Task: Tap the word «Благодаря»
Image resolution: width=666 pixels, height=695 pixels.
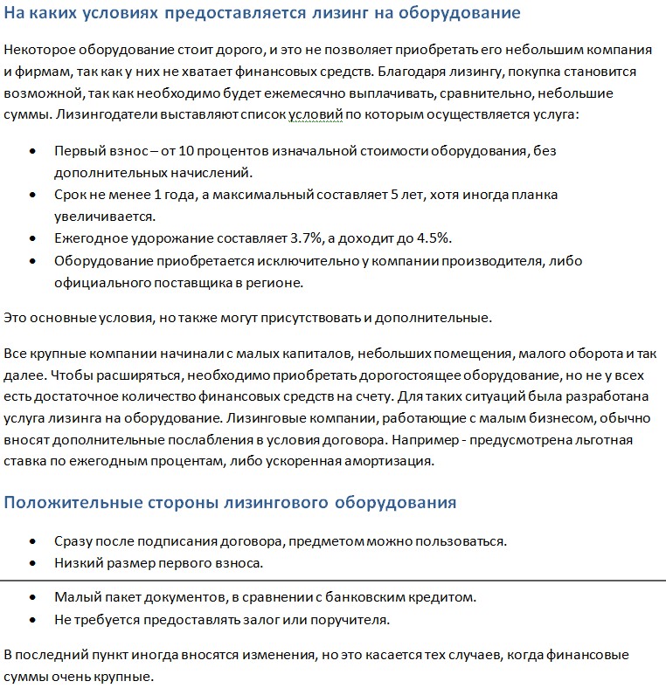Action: (x=460, y=71)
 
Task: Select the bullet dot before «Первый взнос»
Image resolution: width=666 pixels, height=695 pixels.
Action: (x=32, y=150)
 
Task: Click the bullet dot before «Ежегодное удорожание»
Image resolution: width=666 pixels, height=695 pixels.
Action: (x=32, y=238)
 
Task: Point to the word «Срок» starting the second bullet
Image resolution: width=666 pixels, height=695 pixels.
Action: (x=71, y=195)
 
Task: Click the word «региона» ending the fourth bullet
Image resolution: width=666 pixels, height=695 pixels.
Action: (x=277, y=282)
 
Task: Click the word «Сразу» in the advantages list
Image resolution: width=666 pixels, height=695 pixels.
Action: (x=73, y=540)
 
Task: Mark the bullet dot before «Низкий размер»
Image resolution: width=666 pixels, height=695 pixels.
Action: (x=32, y=563)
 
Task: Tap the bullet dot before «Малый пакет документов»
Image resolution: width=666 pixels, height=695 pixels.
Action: (x=32, y=598)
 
